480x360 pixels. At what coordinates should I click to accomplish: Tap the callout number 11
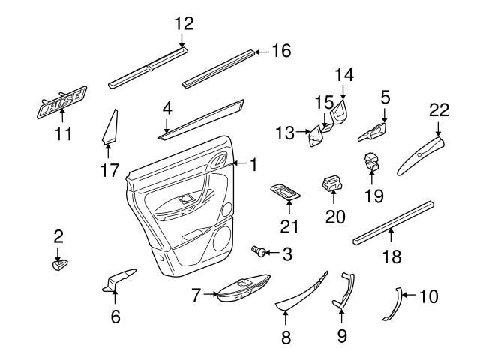(x=64, y=135)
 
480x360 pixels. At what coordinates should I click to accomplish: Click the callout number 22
(x=439, y=110)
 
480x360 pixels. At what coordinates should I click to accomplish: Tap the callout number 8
(x=286, y=337)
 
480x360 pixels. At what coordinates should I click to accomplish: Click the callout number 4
(x=167, y=108)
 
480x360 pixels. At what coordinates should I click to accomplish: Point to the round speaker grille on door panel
(x=222, y=241)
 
